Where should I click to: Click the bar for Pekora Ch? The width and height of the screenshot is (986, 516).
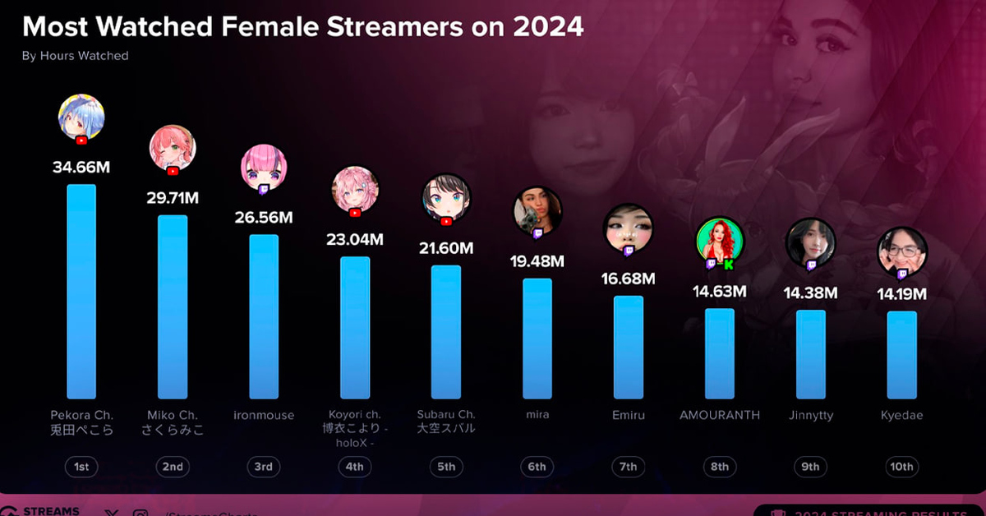(81, 292)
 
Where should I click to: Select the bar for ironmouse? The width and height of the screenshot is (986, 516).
(264, 316)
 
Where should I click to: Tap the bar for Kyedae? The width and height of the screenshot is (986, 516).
(901, 355)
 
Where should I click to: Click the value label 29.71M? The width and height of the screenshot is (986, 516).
(172, 198)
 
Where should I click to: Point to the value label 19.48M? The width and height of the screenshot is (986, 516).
(537, 261)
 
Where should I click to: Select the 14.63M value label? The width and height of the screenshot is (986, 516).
(719, 291)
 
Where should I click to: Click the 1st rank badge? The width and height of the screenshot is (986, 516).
(81, 467)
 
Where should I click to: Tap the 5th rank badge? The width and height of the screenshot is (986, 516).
(446, 467)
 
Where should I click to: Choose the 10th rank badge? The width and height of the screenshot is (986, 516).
(901, 467)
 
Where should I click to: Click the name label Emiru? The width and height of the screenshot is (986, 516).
(629, 415)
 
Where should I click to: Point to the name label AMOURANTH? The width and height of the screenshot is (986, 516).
(720, 415)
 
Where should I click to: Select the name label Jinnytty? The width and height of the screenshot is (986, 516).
(811, 415)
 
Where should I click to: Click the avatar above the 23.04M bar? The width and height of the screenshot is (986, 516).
(355, 190)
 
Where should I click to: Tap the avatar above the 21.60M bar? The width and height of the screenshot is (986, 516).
(446, 198)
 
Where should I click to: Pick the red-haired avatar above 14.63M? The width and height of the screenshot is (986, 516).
(720, 241)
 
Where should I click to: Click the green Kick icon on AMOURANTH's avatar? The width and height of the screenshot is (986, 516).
(728, 264)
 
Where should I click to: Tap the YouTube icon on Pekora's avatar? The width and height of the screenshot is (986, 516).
(81, 141)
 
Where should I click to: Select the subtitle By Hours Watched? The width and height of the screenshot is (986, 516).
(75, 56)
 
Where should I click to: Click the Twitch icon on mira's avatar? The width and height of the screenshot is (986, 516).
(537, 234)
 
